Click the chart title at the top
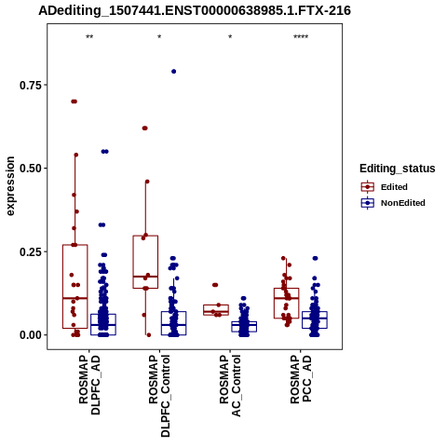coord(195,11)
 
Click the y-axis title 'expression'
coord(10,186)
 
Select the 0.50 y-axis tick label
coord(31,169)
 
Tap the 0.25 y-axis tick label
coord(31,251)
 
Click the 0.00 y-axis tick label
coord(31,335)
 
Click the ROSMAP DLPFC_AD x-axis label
coord(89,385)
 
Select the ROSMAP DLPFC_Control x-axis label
coord(159,396)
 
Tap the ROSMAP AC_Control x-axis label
coord(230,386)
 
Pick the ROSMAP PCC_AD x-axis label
coord(301,379)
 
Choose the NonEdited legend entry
coord(393,203)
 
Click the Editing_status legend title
coord(397,169)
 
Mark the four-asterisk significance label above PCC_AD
coord(301,37)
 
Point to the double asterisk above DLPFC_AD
coord(89,37)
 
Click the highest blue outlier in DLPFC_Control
coord(174,72)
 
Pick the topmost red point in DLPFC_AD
coord(74,102)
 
